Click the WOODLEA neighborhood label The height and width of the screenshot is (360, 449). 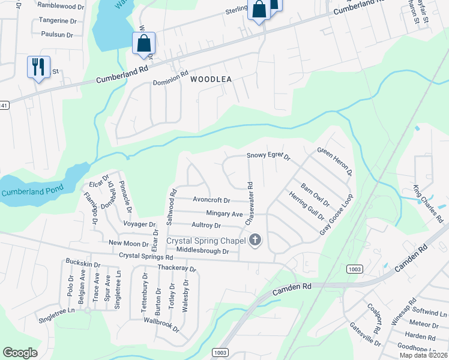(211, 79)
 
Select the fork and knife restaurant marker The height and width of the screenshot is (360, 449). (38, 67)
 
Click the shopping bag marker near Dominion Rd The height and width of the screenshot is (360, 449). (143, 43)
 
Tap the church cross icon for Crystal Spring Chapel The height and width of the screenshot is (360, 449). (255, 241)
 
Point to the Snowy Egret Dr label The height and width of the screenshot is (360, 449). (268, 156)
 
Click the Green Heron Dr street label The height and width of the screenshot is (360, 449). (334, 161)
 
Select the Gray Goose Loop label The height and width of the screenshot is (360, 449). (338, 214)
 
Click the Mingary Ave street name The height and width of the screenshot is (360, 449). (224, 214)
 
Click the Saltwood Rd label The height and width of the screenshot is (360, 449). (172, 205)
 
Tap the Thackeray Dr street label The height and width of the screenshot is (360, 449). (176, 268)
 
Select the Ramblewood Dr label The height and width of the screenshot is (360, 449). (61, 5)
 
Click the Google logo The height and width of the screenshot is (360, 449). (20, 353)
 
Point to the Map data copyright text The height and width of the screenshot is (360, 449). (423, 355)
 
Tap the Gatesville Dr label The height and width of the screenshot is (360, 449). (365, 333)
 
